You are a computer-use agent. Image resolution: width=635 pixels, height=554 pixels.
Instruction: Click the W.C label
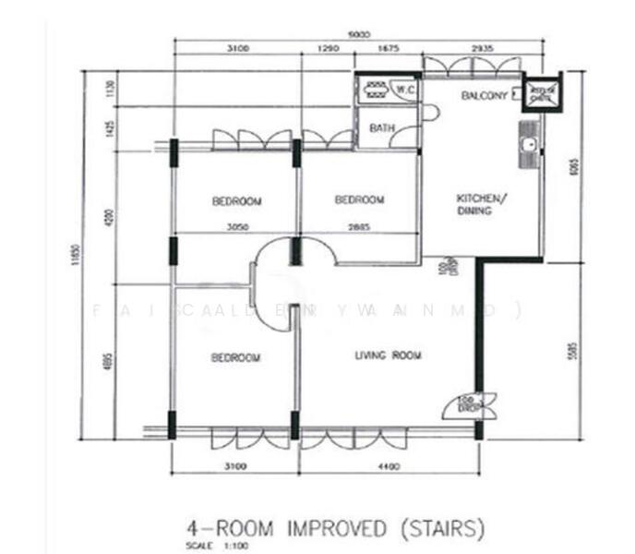(404, 90)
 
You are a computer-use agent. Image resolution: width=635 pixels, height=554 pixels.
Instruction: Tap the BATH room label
(381, 128)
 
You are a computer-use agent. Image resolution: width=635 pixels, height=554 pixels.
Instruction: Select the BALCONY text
(485, 96)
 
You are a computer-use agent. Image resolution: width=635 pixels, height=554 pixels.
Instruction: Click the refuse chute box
(542, 92)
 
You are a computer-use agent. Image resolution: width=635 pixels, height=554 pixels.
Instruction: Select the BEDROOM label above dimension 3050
(236, 200)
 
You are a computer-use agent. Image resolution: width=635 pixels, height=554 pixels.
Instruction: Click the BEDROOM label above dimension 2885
(359, 200)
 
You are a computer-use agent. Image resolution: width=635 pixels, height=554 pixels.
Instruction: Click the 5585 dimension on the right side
(574, 351)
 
